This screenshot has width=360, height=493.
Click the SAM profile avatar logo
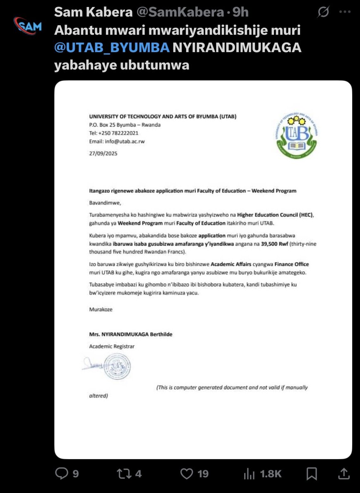click(28, 26)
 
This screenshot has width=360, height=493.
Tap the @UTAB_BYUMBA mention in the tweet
click(112, 48)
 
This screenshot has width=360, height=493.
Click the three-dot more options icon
click(345, 12)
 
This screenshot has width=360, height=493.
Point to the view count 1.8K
click(271, 474)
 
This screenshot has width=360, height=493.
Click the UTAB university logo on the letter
click(297, 136)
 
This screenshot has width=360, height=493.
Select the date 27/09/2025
click(103, 153)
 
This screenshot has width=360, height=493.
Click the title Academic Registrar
click(112, 347)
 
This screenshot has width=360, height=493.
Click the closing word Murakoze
click(101, 309)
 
